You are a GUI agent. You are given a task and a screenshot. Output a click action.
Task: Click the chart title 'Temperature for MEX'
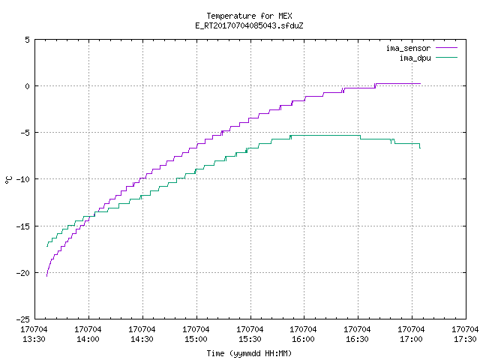(x=249, y=16)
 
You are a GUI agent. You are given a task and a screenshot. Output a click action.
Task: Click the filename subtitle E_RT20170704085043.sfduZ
(x=249, y=25)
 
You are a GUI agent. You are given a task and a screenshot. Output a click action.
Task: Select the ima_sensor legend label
(x=408, y=48)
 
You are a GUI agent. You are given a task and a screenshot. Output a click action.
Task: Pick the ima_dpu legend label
(x=415, y=58)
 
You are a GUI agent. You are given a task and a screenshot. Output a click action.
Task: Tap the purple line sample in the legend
(x=446, y=48)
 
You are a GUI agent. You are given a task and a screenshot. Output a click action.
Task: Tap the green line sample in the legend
(x=446, y=57)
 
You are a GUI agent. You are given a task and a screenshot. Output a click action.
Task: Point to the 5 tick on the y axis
(x=28, y=40)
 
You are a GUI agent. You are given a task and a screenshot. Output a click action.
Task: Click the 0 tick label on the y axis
(x=28, y=86)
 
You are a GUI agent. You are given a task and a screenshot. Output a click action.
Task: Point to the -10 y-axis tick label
(x=23, y=179)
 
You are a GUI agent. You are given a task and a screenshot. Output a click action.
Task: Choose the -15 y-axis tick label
(x=23, y=226)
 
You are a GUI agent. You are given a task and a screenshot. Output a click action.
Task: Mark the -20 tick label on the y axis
(x=23, y=273)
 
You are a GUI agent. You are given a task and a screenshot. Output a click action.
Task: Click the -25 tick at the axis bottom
(x=23, y=319)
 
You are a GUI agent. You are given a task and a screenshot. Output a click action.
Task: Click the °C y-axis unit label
(x=9, y=180)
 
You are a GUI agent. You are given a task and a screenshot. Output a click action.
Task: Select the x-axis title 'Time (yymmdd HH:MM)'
(x=249, y=353)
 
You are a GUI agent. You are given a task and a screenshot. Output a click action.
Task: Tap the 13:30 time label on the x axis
(x=34, y=339)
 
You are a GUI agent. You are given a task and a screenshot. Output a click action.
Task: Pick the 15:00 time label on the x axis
(x=196, y=339)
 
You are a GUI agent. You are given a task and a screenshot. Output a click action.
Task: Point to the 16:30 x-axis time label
(x=357, y=339)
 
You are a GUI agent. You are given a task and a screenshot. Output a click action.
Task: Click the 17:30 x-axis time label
(x=465, y=339)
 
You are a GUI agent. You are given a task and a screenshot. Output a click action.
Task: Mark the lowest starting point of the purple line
(x=46, y=276)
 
